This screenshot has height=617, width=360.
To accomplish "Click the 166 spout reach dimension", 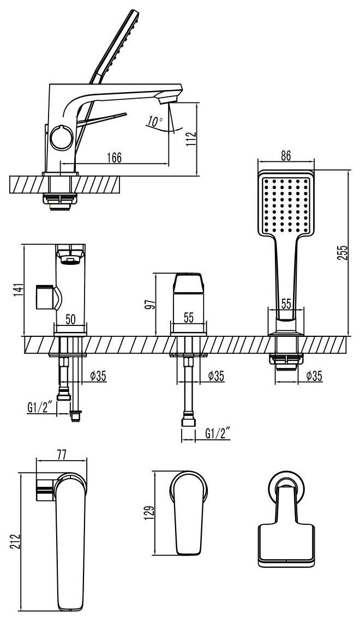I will tap(113, 157).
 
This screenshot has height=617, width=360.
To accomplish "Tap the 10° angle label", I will tap(155, 122).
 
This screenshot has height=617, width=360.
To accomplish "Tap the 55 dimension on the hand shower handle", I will tap(286, 304).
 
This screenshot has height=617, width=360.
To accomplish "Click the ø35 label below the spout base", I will tap(98, 376).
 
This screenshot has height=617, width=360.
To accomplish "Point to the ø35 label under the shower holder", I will tap(317, 376).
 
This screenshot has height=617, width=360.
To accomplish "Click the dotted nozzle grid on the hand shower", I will tap(286, 207).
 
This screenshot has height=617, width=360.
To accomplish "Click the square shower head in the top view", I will tap(286, 542).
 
